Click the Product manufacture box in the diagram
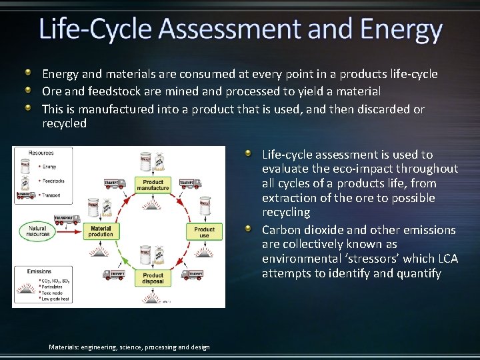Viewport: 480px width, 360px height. click(x=153, y=185)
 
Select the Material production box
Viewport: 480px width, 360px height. click(x=101, y=231)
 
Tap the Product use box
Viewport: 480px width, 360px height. click(x=204, y=232)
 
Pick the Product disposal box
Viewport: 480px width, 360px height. click(x=153, y=278)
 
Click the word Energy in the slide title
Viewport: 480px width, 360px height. click(x=401, y=30)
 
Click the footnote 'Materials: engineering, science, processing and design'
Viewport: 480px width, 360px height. click(x=129, y=347)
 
